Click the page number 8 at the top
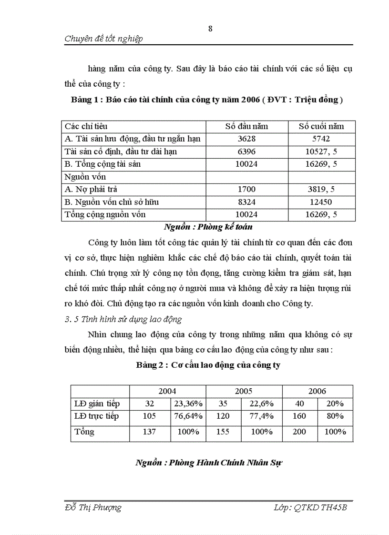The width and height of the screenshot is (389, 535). click(210, 29)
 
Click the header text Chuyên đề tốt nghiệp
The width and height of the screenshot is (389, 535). click(103, 39)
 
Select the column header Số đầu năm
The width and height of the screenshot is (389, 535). click(246, 126)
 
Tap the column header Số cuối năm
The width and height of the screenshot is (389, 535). click(321, 126)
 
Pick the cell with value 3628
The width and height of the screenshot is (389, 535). click(246, 139)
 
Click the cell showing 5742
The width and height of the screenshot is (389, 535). click(321, 139)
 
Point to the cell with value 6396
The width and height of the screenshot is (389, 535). click(246, 151)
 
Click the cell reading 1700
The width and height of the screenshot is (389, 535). click(246, 189)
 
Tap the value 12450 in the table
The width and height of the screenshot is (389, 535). click(321, 202)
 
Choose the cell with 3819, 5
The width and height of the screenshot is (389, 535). click(321, 189)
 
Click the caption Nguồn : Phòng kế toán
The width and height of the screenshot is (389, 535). click(208, 227)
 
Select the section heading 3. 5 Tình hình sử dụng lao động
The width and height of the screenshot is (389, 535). click(123, 319)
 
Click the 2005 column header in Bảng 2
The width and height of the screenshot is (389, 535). click(244, 391)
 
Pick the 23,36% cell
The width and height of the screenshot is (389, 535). click(188, 404)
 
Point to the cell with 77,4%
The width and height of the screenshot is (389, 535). click(261, 416)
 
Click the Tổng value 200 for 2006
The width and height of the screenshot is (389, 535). click(299, 432)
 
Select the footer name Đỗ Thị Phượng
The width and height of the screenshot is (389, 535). click(93, 507)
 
